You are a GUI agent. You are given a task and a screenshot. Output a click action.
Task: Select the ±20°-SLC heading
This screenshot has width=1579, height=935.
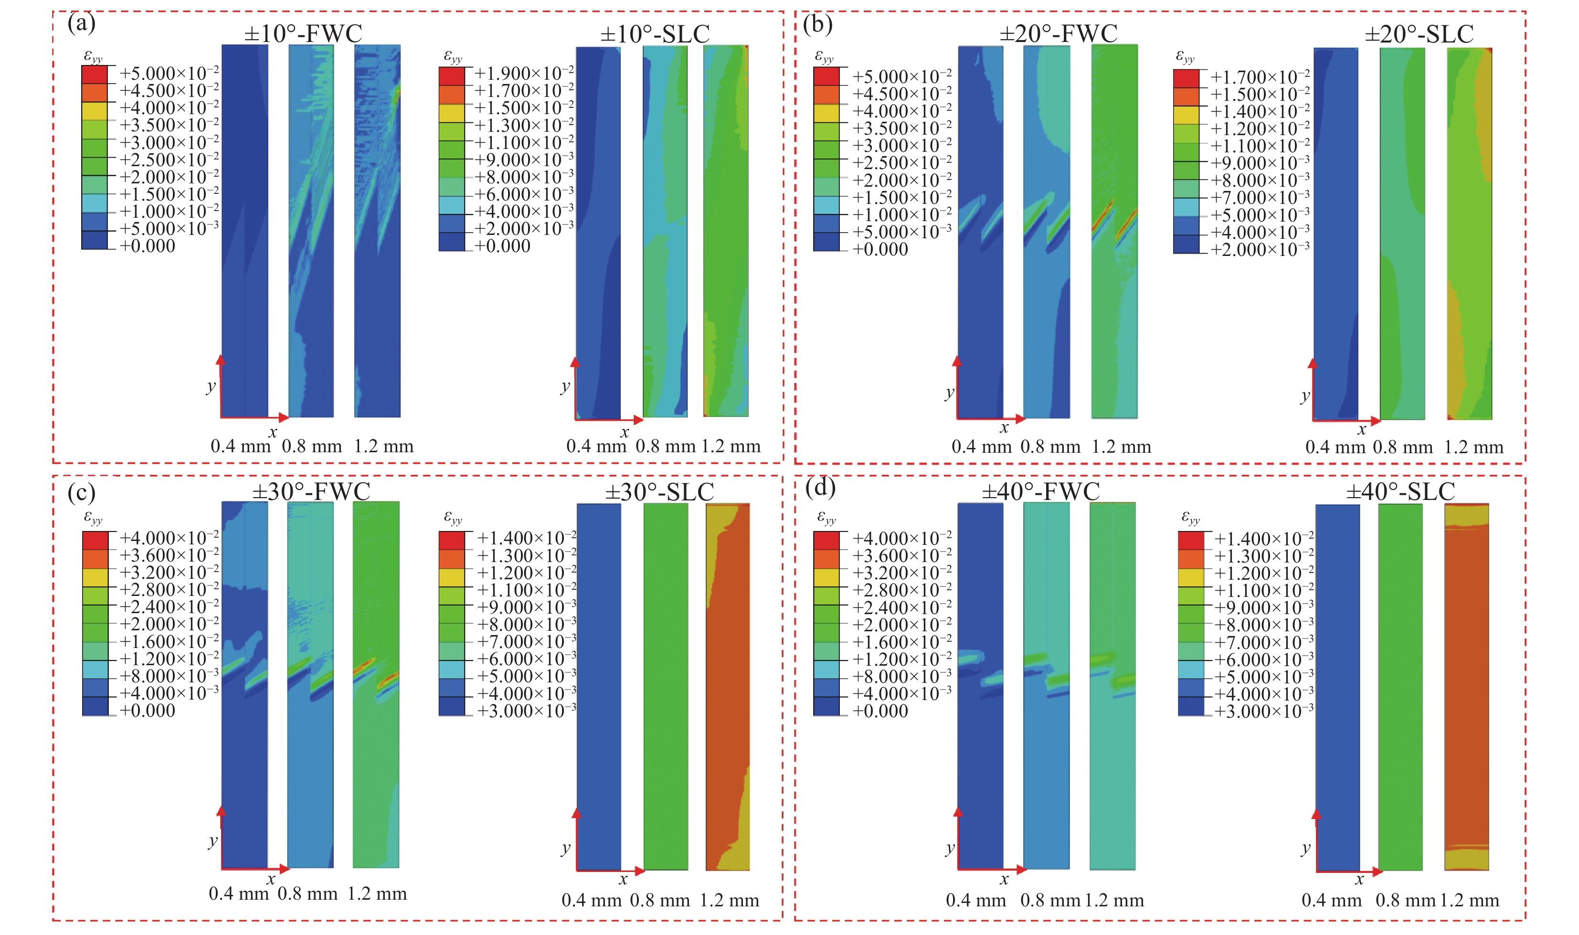tap(1419, 33)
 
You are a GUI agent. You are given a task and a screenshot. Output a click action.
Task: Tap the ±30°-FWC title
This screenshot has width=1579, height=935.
tap(311, 491)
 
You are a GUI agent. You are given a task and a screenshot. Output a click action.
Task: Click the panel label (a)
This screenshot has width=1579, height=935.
tap(81, 23)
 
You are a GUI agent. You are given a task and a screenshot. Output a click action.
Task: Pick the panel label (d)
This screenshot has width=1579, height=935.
tap(820, 488)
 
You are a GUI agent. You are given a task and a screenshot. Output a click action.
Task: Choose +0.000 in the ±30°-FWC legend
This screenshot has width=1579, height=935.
tap(148, 711)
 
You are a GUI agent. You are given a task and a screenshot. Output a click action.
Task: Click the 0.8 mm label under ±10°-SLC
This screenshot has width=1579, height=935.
tap(665, 446)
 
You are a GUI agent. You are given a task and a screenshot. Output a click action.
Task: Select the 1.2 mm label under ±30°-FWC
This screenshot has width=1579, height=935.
tap(377, 894)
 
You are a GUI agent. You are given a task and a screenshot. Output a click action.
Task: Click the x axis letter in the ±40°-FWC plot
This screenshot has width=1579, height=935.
tap(1004, 880)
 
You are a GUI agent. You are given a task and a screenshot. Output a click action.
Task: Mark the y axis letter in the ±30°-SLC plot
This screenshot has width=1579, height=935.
tap(566, 848)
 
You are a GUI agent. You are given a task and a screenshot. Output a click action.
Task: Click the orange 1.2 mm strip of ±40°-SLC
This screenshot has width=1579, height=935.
tap(1467, 687)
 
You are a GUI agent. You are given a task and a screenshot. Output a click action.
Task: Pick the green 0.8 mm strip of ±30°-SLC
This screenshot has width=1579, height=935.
tap(665, 687)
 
